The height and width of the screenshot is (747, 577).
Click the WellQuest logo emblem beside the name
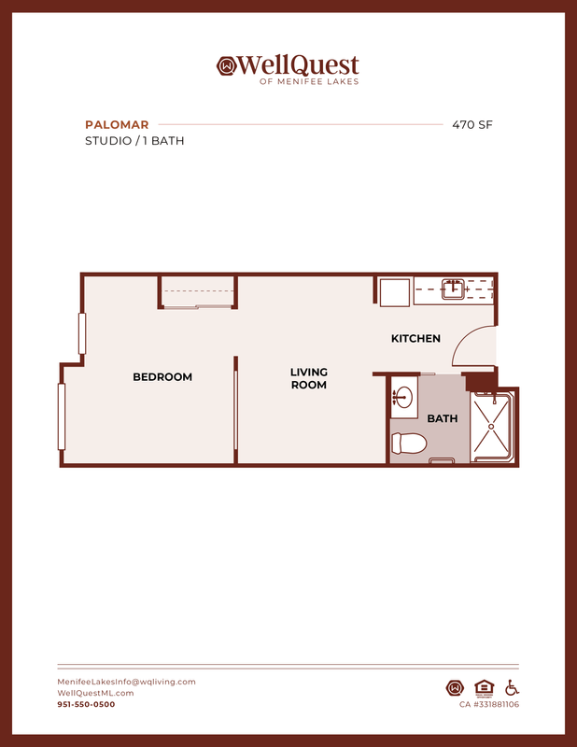point(227,65)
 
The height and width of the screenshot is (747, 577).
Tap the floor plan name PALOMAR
point(117,125)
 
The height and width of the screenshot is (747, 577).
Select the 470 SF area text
point(472,125)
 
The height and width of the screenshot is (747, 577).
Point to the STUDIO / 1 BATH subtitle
point(134,141)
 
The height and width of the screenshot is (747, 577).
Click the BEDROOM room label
point(162,377)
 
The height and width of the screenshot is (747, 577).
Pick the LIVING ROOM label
point(309,378)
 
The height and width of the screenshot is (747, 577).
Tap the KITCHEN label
point(415,338)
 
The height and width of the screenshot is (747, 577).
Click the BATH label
point(443,418)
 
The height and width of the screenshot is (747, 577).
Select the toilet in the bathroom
point(408,444)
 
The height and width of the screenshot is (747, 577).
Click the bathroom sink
point(403,397)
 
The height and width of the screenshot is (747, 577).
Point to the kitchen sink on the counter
point(453,289)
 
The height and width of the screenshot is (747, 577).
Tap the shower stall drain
point(491,427)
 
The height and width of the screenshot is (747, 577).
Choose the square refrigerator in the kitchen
point(395,292)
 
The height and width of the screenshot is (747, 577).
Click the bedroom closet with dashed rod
point(198,291)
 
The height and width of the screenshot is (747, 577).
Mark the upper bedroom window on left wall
point(82,333)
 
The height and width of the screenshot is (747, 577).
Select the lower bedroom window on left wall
point(62,416)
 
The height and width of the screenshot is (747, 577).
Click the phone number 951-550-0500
point(86,705)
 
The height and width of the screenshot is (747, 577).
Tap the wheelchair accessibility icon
point(513,688)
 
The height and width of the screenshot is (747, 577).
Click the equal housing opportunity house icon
point(484,688)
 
